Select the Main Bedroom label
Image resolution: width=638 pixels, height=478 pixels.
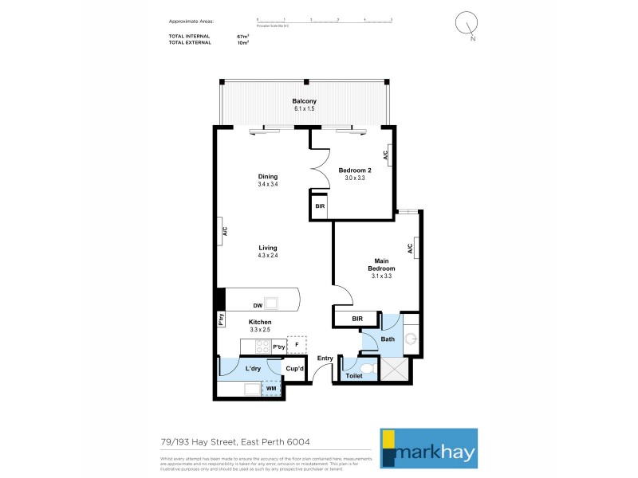[x=381, y=264]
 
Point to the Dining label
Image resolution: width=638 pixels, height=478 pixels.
[x=267, y=177]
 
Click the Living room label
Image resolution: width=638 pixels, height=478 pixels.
[x=267, y=249]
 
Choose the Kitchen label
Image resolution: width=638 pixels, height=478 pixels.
[x=260, y=322]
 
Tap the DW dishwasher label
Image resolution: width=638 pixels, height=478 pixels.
[x=258, y=305]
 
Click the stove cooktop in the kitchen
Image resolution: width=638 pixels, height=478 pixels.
[x=262, y=347]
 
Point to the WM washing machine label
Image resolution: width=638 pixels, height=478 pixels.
[x=271, y=389]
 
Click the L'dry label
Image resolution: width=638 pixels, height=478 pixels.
[x=253, y=368]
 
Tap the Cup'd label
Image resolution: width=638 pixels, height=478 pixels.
[x=294, y=368]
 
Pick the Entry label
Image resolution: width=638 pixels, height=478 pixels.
[x=325, y=358]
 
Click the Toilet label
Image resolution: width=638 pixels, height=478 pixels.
[x=354, y=375]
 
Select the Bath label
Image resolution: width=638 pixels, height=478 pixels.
[x=388, y=339]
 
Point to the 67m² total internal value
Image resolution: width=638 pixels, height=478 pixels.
[x=243, y=37]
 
